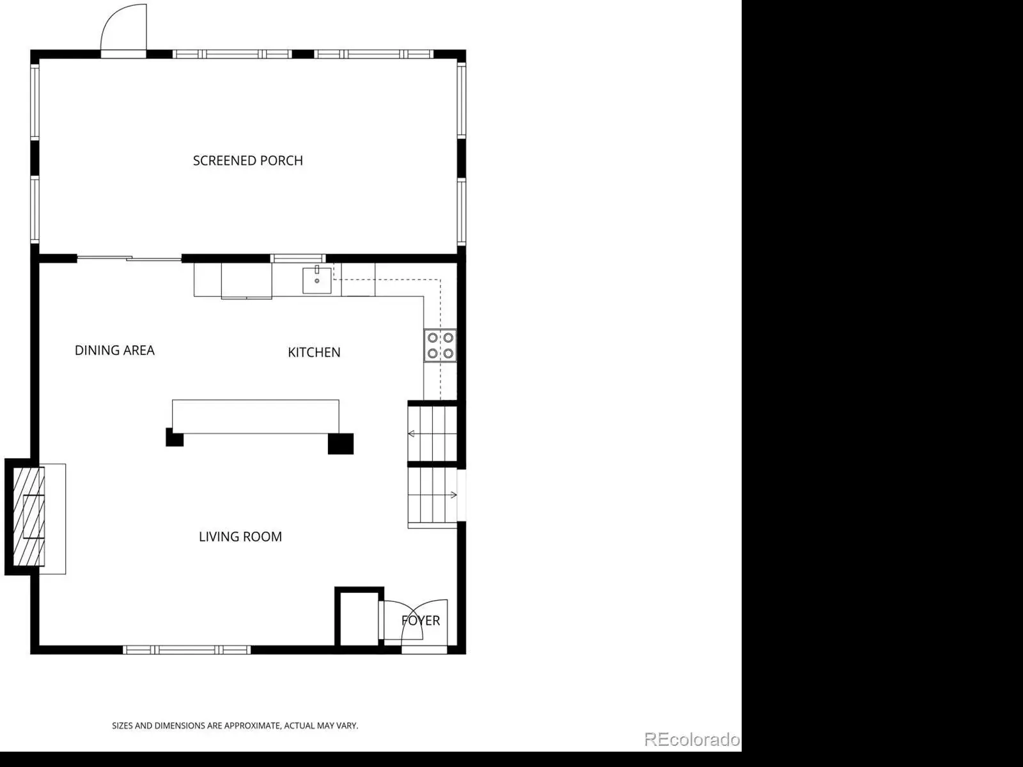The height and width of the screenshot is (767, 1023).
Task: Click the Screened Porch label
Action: (248, 161)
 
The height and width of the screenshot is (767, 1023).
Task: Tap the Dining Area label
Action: (114, 350)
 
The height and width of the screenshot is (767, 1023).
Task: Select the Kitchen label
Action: (314, 352)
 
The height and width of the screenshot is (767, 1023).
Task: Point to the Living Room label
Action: (240, 537)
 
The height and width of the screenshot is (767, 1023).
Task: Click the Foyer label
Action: (420, 621)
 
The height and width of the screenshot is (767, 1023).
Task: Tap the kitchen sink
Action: (317, 280)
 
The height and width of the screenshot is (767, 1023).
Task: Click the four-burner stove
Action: (440, 345)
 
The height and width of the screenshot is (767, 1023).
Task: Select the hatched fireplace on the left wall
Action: (29, 517)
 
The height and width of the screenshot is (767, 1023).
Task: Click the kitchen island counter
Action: (255, 416)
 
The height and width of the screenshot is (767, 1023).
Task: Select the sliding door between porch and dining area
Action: (129, 258)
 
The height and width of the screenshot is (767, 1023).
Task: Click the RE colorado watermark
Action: (692, 739)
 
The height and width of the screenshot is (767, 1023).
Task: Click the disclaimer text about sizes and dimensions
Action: (235, 725)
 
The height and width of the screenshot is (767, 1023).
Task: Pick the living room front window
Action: (187, 649)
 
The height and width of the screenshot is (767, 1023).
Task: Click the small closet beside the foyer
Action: (359, 619)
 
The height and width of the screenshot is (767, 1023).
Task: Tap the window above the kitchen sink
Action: (299, 258)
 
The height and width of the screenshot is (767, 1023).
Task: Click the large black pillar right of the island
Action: (341, 443)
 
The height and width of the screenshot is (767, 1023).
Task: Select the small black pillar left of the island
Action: (175, 438)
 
